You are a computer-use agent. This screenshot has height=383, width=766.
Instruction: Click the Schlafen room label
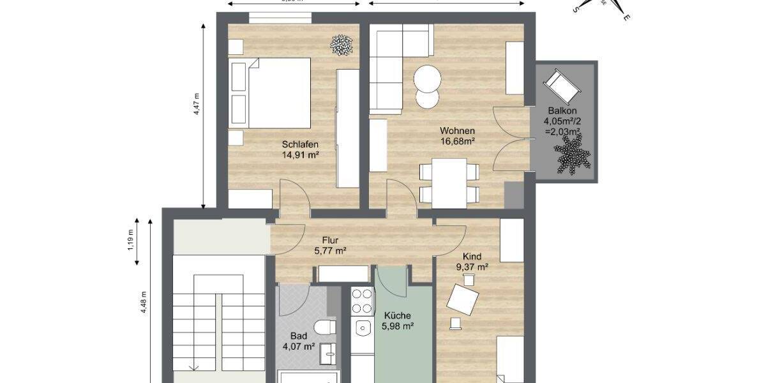click(300, 144)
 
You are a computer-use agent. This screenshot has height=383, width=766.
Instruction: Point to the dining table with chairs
click(449, 182)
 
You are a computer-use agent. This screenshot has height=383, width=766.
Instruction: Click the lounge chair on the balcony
click(561, 86)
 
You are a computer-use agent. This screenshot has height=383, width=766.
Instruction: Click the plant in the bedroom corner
click(342, 44)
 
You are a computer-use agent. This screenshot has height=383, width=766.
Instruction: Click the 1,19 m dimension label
click(130, 241)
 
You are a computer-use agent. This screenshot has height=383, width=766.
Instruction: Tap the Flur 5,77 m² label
click(330, 245)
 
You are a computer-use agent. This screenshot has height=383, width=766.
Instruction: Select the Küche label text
click(398, 315)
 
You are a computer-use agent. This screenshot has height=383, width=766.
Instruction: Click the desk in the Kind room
click(465, 299)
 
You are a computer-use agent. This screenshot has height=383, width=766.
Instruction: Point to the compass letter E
click(627, 18)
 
